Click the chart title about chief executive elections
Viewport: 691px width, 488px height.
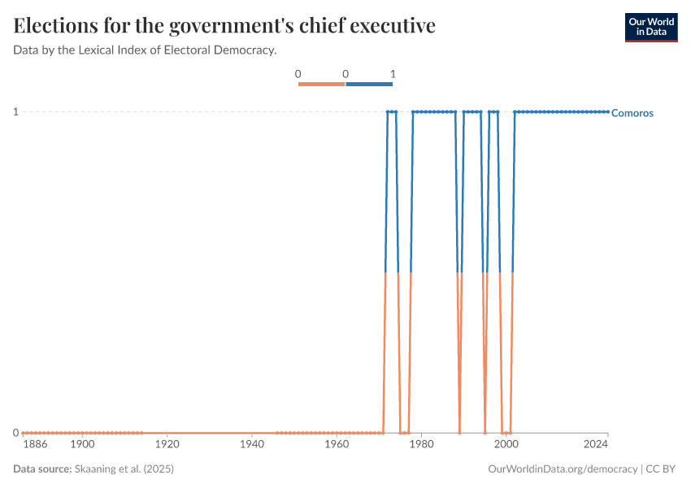[224, 26]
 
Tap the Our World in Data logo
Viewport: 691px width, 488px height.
[650, 27]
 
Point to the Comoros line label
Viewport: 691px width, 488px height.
[632, 113]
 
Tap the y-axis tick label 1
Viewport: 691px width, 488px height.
[15, 111]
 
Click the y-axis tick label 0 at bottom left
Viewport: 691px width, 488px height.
[15, 433]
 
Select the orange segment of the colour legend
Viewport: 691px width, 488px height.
[322, 84]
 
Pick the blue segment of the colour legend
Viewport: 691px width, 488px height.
[369, 84]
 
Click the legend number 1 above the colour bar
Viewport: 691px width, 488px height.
[393, 74]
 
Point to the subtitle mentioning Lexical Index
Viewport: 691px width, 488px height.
[146, 50]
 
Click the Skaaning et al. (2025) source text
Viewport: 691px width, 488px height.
[124, 469]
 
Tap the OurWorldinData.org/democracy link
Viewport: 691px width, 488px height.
[563, 469]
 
